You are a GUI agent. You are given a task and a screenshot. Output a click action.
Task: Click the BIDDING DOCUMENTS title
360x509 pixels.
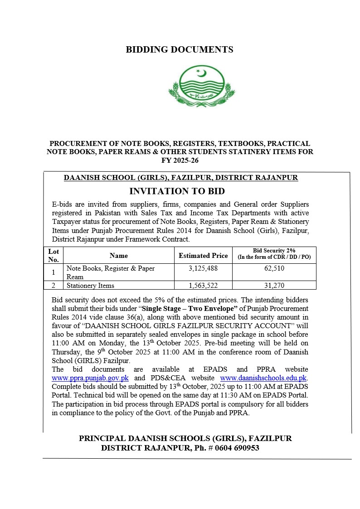tap(180, 50)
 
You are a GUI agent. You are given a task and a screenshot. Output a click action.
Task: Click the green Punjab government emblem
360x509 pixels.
tap(202, 86)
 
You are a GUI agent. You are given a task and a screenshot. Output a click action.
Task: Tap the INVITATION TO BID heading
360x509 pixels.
tap(177, 191)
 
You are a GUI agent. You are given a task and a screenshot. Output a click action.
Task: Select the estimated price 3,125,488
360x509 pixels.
tap(203, 268)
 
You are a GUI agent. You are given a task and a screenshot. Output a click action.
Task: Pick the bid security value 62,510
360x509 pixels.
tap(274, 268)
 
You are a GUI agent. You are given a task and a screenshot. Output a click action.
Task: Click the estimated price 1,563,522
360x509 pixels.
tap(203, 286)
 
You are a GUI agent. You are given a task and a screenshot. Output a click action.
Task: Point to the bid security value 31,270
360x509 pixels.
tap(274, 286)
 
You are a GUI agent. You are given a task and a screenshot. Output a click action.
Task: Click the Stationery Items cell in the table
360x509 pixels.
tap(90, 286)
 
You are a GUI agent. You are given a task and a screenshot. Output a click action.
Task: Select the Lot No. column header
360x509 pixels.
tap(54, 255)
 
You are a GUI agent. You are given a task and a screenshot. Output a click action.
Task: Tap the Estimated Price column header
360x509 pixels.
tap(203, 256)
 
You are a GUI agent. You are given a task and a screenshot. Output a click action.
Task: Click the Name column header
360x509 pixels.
tap(119, 256)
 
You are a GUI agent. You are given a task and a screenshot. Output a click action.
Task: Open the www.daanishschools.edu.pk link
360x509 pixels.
tap(263, 378)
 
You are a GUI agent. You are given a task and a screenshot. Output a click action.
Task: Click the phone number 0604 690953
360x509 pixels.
tap(237, 448)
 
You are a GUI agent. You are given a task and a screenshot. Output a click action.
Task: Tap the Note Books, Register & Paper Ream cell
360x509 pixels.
tap(111, 272)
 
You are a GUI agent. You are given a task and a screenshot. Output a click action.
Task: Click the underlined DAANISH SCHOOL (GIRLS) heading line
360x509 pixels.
tap(181, 178)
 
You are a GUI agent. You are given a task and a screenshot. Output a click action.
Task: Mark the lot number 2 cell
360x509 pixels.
tap(54, 286)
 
